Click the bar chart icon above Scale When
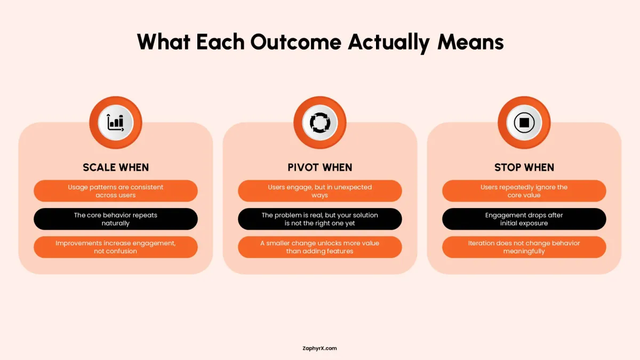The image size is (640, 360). pos(115,123)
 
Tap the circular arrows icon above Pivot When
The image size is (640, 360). pos(320,123)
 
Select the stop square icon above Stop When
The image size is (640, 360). pos(524,123)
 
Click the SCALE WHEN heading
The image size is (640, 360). pos(116,167)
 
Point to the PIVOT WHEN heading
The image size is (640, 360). pos(320,167)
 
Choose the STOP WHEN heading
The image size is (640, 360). pos(524,167)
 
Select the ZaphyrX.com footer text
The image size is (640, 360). pos(319,348)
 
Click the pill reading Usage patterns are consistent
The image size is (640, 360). pos(116,191)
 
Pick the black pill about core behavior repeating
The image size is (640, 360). pos(116,219)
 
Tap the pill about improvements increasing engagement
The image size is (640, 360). pos(116,247)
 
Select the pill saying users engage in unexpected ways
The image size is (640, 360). pos(320,191)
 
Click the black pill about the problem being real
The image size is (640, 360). pos(320,219)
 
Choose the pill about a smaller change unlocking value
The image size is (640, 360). pos(320,247)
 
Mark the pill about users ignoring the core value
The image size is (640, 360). pos(524,191)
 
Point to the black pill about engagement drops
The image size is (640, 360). pos(524,219)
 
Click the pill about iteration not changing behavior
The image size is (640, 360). pos(524,247)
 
